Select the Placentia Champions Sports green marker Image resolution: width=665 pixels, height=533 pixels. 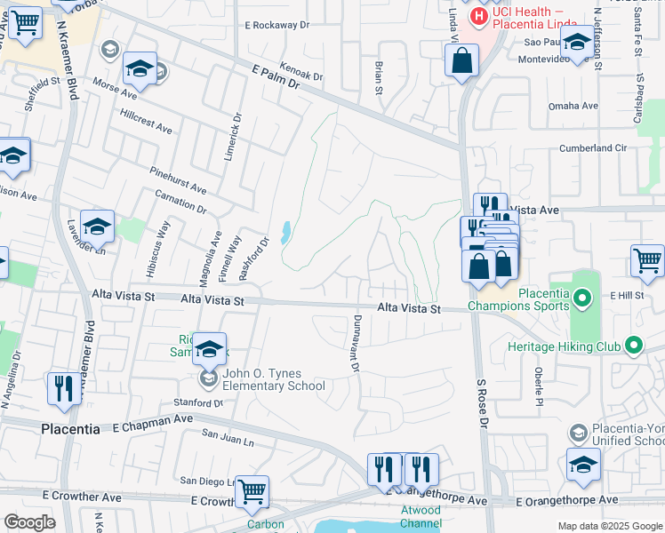point(582,298)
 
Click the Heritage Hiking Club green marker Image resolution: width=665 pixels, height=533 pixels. point(633,344)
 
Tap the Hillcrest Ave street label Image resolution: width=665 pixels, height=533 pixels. point(145,123)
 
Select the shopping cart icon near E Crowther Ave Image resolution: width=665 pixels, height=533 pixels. point(253,490)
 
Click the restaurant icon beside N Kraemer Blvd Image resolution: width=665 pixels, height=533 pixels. point(63,389)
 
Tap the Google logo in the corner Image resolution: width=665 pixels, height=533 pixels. point(29,522)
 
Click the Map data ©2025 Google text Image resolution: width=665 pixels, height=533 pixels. point(608,526)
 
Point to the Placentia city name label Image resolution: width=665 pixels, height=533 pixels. point(70,429)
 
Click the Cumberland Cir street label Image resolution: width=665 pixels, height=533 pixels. point(593,147)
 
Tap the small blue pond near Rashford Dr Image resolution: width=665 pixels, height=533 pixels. point(284,234)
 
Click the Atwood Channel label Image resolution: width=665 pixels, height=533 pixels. point(421,516)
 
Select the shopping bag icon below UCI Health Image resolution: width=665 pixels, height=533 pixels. point(461,61)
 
